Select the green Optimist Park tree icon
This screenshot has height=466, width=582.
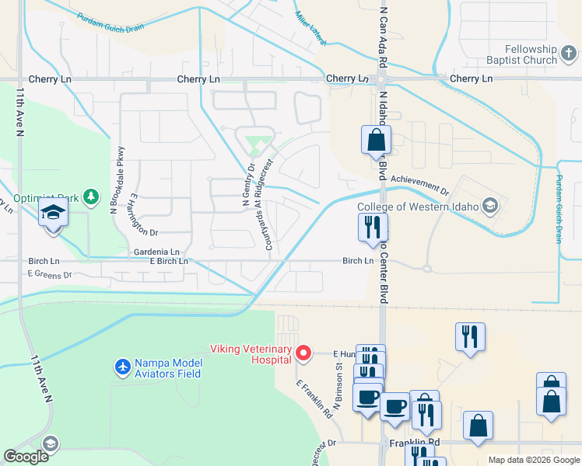(91, 195)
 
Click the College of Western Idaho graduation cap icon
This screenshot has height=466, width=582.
(489, 206)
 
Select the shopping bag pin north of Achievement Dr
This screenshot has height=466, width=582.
(376, 141)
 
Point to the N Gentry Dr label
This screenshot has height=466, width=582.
(248, 186)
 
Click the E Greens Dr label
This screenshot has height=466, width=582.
(49, 274)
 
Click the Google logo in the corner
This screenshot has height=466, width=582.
(26, 457)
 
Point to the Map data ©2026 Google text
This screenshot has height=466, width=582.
(533, 460)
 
